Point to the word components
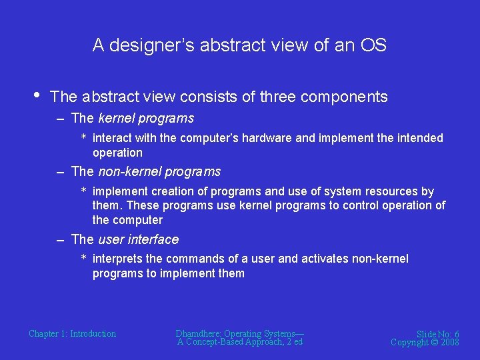pyautogui.click(x=344, y=97)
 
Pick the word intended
pyautogui.click(x=421, y=138)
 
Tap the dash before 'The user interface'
pyautogui.click(x=61, y=239)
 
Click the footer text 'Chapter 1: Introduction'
pyautogui.click(x=72, y=334)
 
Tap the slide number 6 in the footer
pyautogui.click(x=456, y=334)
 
